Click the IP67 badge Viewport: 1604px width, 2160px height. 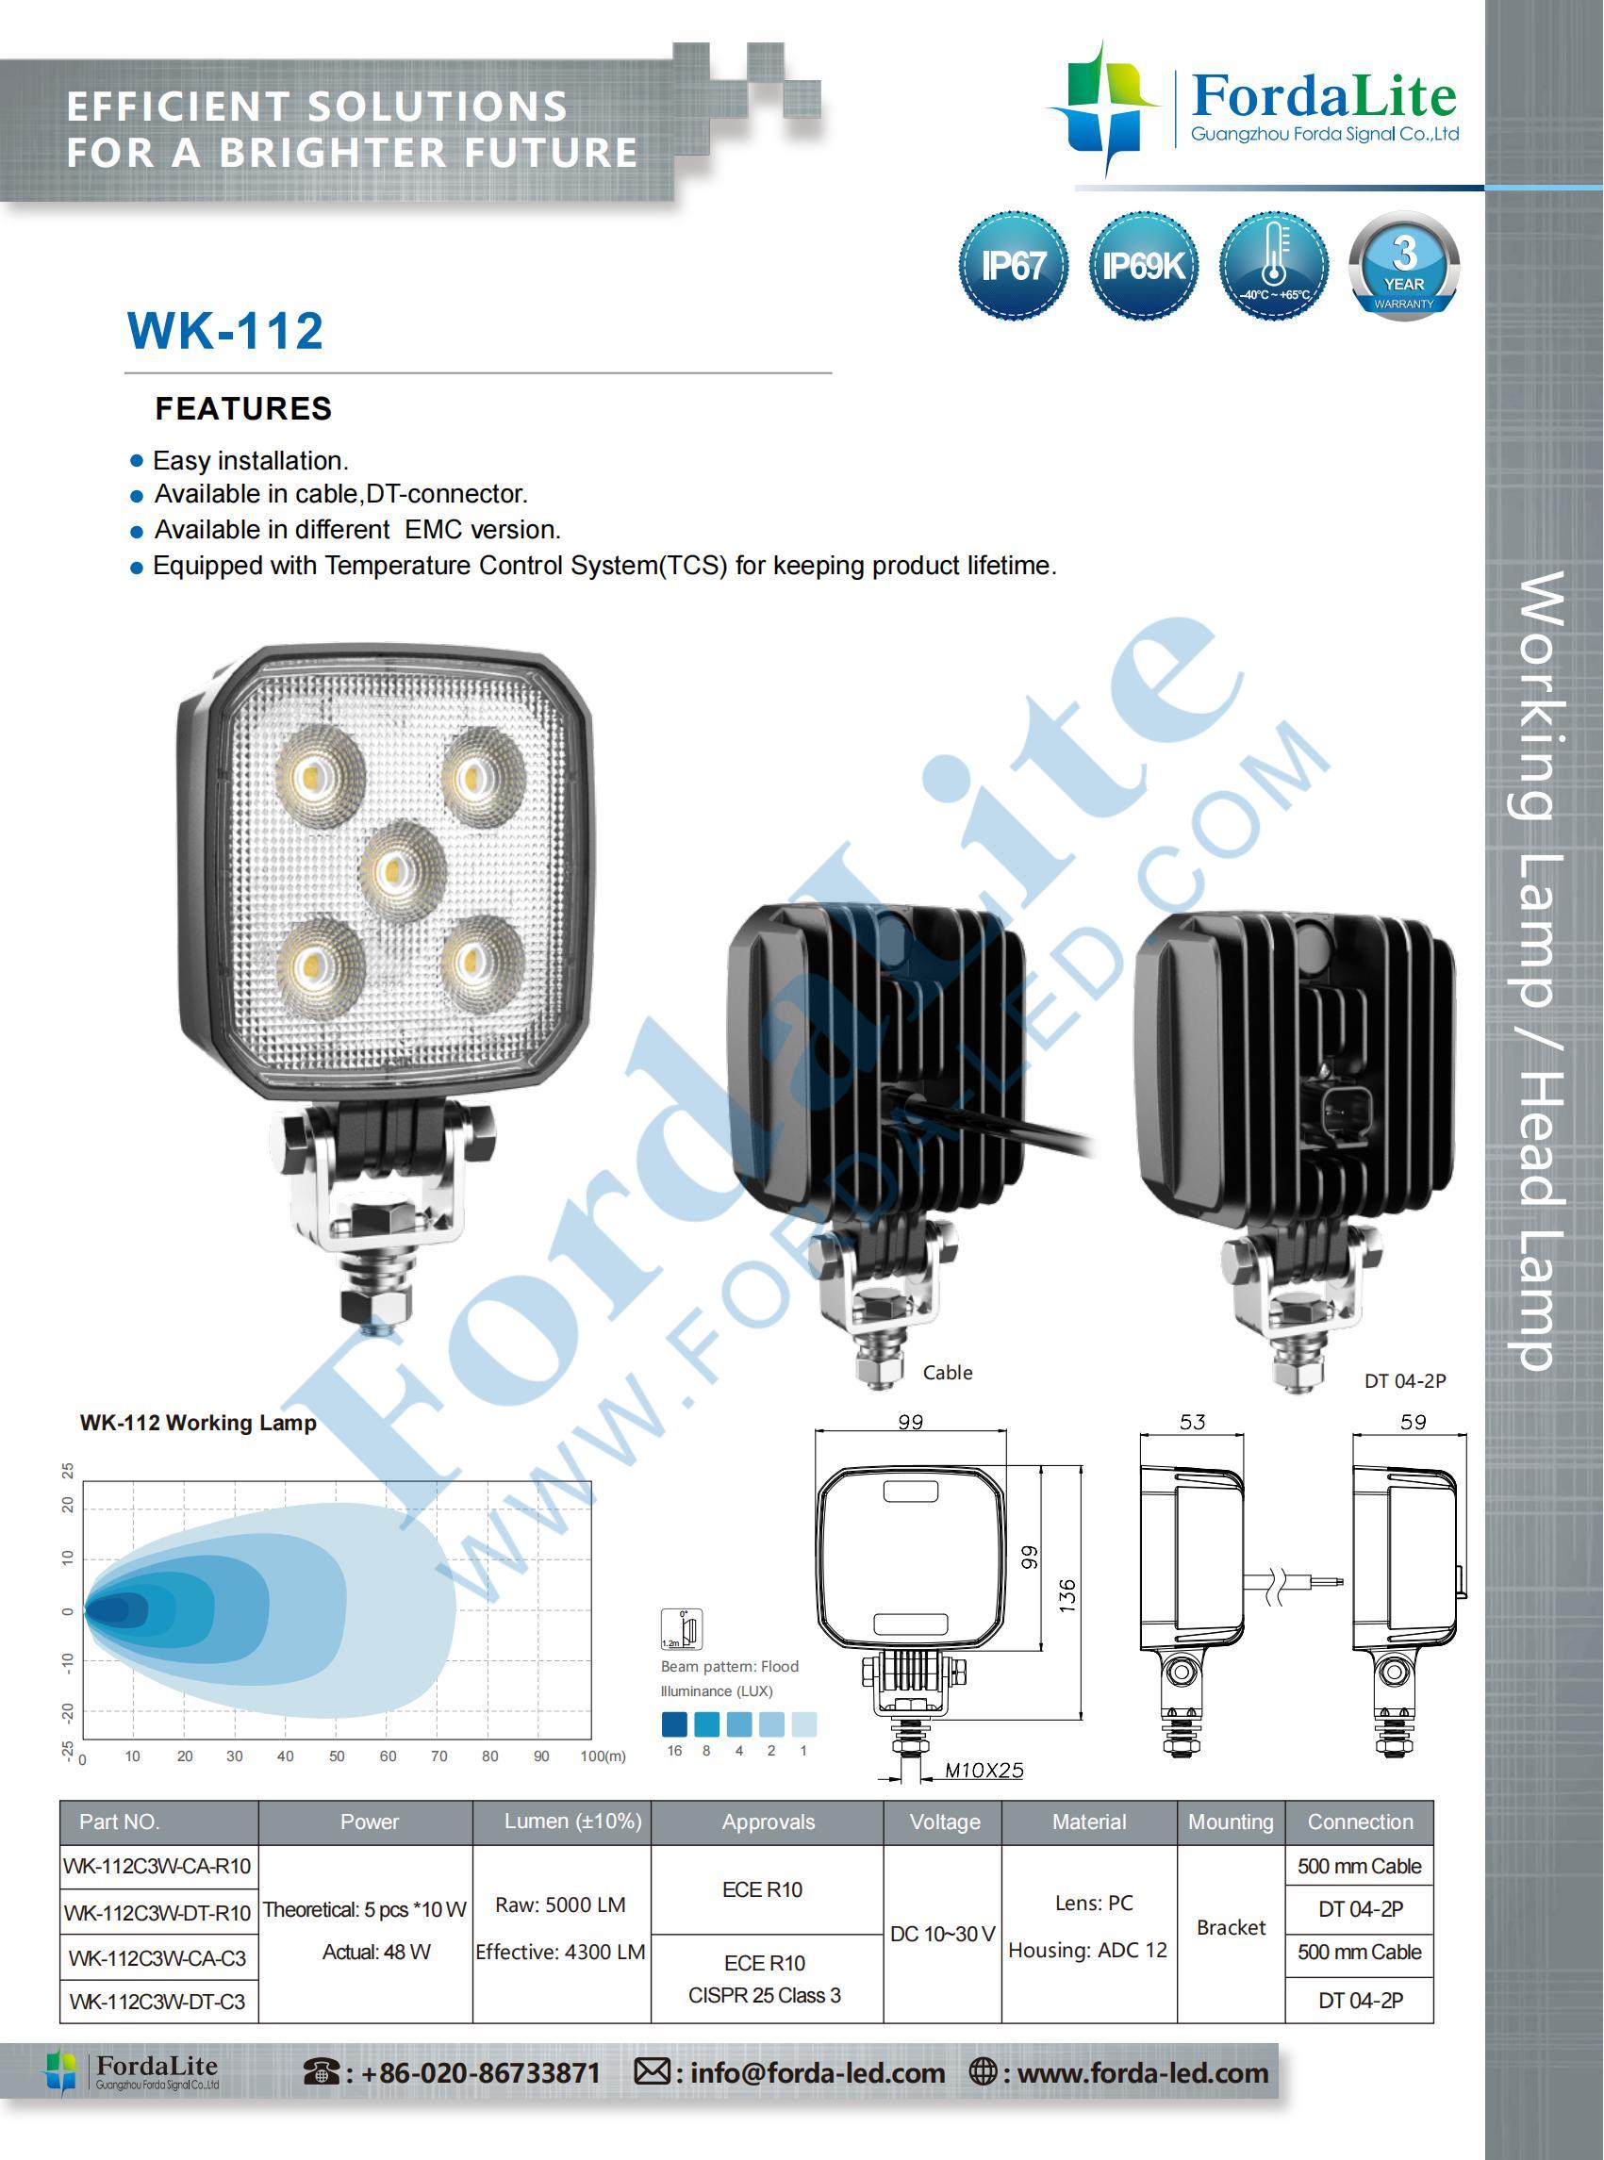1013,265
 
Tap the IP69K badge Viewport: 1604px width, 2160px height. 1143,265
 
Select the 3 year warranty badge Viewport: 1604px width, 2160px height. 1403,265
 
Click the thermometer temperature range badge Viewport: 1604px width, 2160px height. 1273,265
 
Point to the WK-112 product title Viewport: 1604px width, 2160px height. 225,330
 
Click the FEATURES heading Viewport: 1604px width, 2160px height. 243,408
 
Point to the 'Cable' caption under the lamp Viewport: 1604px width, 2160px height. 948,1372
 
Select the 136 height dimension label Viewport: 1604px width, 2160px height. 1067,1595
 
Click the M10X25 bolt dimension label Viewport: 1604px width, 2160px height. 984,1770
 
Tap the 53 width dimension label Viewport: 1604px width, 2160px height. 1191,1421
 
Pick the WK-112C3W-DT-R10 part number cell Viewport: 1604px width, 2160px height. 157,1911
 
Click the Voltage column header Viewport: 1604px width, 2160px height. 945,1822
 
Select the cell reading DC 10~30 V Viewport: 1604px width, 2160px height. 943,1933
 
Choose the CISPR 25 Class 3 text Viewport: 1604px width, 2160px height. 764,1995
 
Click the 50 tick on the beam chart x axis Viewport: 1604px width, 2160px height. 336,1756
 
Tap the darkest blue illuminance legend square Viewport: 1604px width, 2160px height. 674,1723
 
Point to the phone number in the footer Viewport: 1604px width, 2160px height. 481,2072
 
